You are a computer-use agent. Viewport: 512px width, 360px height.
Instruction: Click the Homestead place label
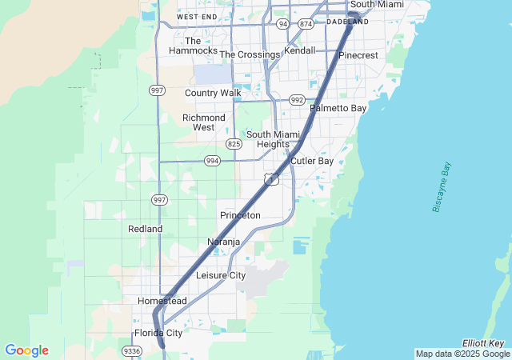[x=162, y=301]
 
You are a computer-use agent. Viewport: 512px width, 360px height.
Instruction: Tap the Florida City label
[x=158, y=333]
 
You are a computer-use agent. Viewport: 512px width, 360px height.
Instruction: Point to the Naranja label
[x=224, y=242]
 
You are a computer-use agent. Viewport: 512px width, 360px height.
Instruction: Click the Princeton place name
[x=240, y=215]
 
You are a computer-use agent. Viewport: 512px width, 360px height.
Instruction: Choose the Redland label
[x=145, y=229]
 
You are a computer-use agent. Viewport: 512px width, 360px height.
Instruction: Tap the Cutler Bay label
[x=312, y=161]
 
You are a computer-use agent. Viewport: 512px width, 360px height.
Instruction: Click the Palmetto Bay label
[x=338, y=107]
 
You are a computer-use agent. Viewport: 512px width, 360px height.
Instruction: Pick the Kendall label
[x=300, y=50]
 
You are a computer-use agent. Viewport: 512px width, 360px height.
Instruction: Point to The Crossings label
[x=250, y=54]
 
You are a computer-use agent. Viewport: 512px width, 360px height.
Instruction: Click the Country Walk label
[x=213, y=93]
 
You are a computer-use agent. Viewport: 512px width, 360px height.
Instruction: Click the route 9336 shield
[x=131, y=350]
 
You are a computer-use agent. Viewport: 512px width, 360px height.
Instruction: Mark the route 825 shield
[x=234, y=144]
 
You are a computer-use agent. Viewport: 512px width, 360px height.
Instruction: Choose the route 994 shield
[x=212, y=160]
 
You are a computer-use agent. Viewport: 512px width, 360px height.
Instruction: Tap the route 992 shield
[x=298, y=100]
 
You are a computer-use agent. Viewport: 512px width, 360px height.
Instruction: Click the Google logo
[x=26, y=350]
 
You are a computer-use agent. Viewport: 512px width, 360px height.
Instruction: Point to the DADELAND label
[x=348, y=22]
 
